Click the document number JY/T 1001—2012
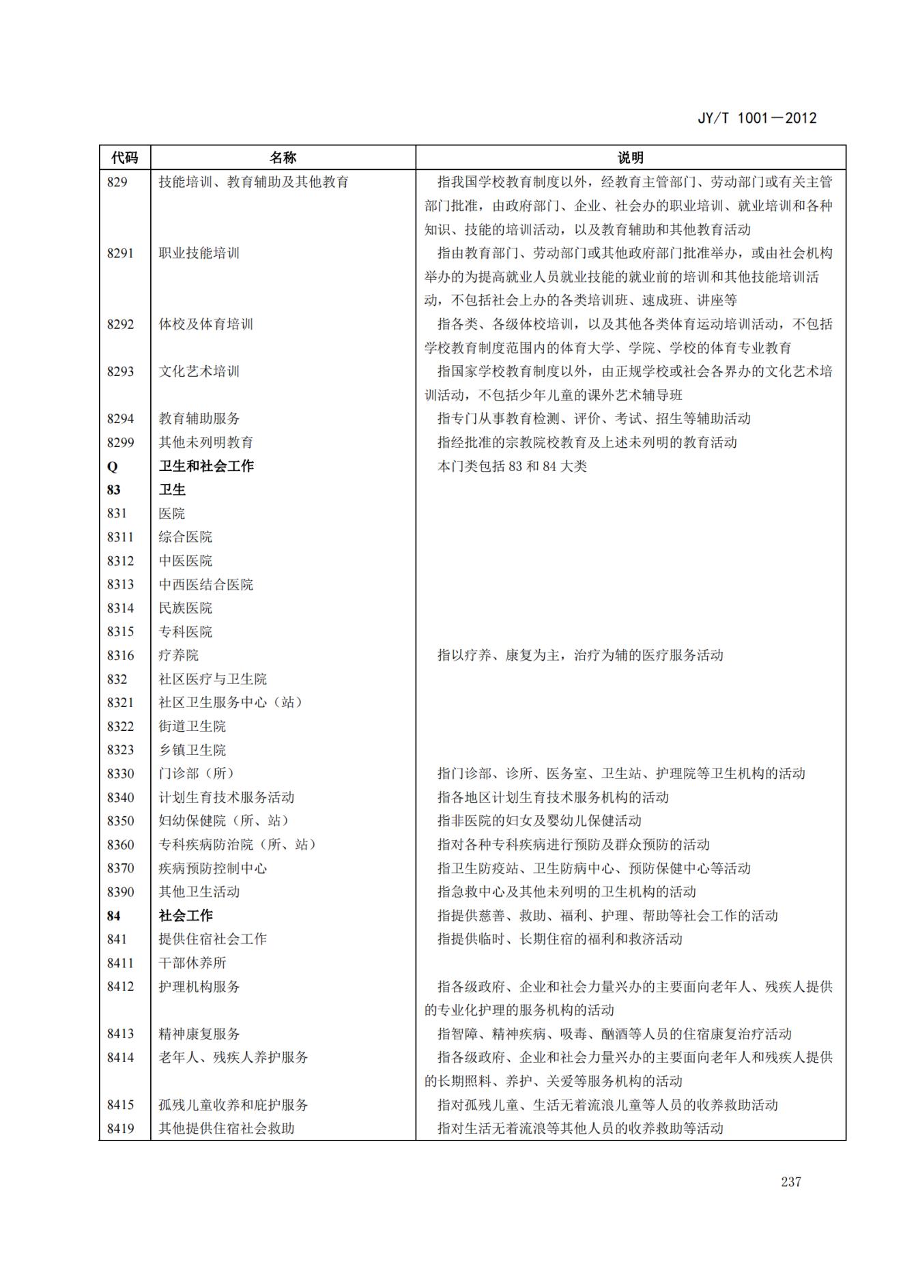click(x=756, y=118)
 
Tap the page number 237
click(x=790, y=1182)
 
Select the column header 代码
click(x=125, y=158)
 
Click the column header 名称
click(x=283, y=158)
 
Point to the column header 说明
click(x=630, y=158)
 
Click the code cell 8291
click(x=120, y=253)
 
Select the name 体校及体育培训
click(x=205, y=324)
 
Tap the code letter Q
click(x=112, y=467)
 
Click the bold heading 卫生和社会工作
click(x=206, y=466)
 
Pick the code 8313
click(x=120, y=585)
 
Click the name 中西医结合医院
click(x=205, y=585)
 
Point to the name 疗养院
click(x=178, y=656)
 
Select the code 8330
click(x=120, y=774)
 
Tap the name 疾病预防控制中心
click(x=212, y=869)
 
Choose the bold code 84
click(x=113, y=916)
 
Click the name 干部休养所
click(x=192, y=963)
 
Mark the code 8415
click(x=120, y=1105)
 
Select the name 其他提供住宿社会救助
click(x=226, y=1129)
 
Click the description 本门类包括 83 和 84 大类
click(x=512, y=467)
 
